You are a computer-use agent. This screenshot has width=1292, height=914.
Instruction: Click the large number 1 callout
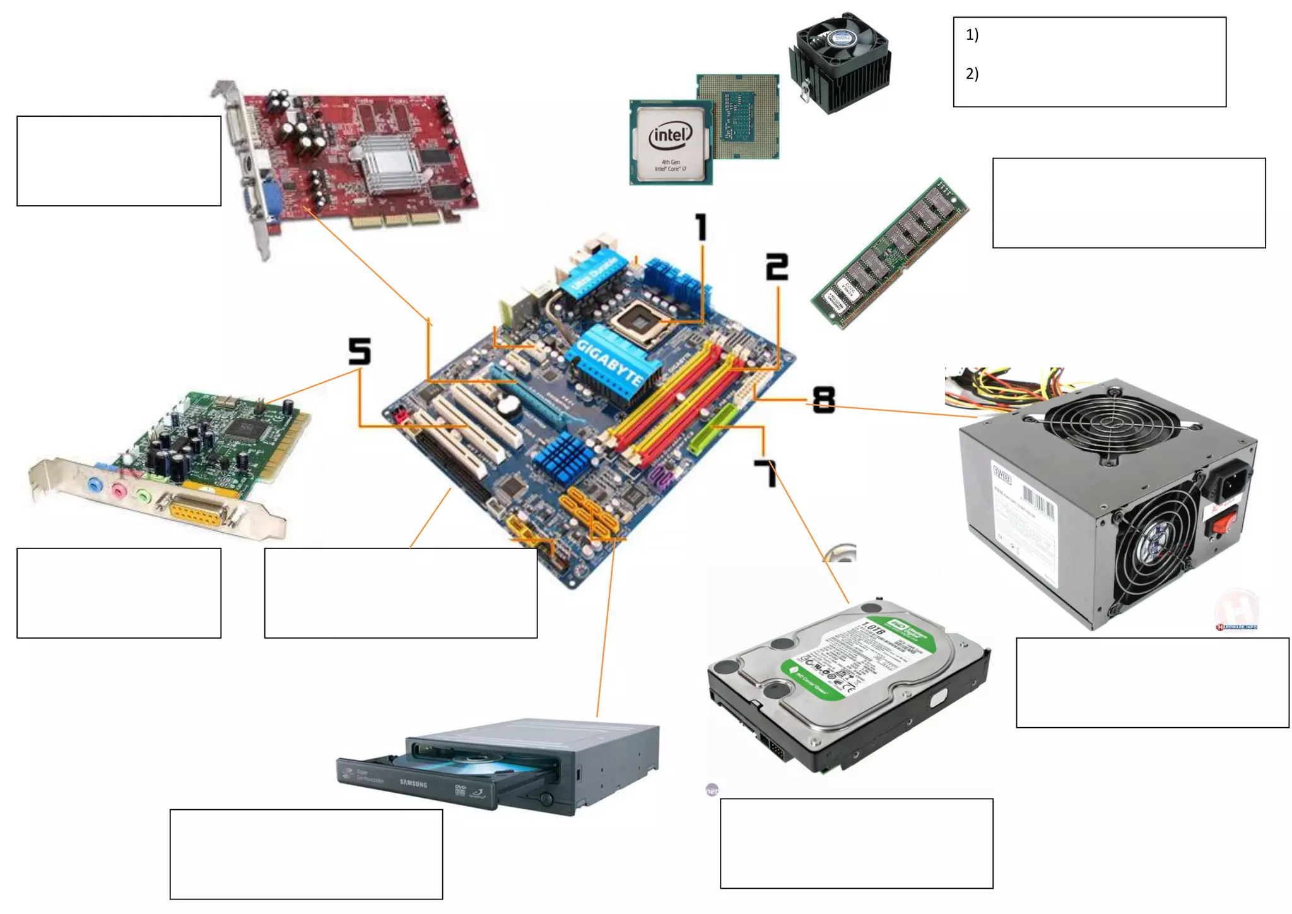[x=701, y=227]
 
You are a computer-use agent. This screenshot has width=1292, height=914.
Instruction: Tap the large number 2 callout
[x=777, y=267]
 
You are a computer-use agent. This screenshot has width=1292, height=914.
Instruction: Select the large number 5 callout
[x=360, y=351]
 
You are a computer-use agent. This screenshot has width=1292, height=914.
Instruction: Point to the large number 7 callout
[x=766, y=473]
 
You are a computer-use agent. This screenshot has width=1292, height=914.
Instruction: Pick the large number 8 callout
[x=823, y=400]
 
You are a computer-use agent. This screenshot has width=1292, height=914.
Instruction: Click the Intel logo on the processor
[x=670, y=135]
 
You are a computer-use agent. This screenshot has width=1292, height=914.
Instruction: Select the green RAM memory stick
[x=890, y=252]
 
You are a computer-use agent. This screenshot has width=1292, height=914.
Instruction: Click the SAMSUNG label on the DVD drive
[x=413, y=783]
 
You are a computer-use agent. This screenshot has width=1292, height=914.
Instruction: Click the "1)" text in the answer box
[x=972, y=35]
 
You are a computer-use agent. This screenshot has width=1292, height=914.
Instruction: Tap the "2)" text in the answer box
[x=972, y=74]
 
